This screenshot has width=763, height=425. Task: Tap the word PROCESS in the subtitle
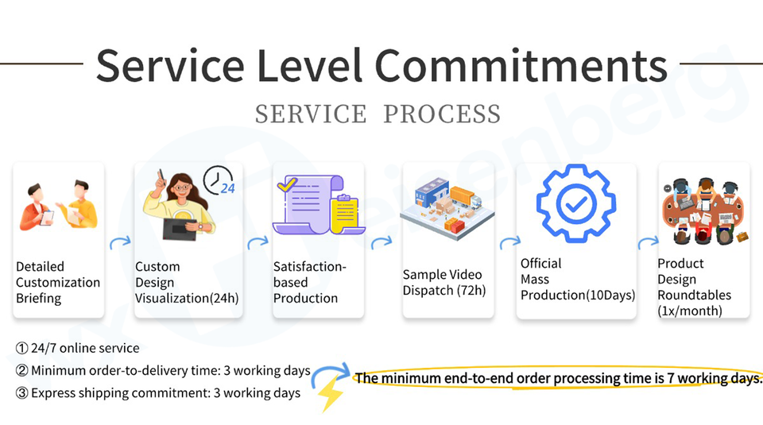(x=442, y=114)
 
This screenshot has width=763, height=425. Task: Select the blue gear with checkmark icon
(x=576, y=204)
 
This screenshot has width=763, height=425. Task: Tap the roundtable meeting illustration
(x=704, y=209)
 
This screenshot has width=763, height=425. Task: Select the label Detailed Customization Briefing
(x=58, y=282)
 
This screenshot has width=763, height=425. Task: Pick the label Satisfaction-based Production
(x=310, y=282)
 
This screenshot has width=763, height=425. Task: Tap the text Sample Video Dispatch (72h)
(x=443, y=282)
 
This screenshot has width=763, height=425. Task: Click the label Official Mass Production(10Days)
(x=577, y=279)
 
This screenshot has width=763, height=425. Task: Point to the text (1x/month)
(x=690, y=311)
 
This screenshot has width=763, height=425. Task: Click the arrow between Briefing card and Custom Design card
(x=119, y=242)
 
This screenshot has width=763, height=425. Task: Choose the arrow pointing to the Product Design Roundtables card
(x=647, y=243)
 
